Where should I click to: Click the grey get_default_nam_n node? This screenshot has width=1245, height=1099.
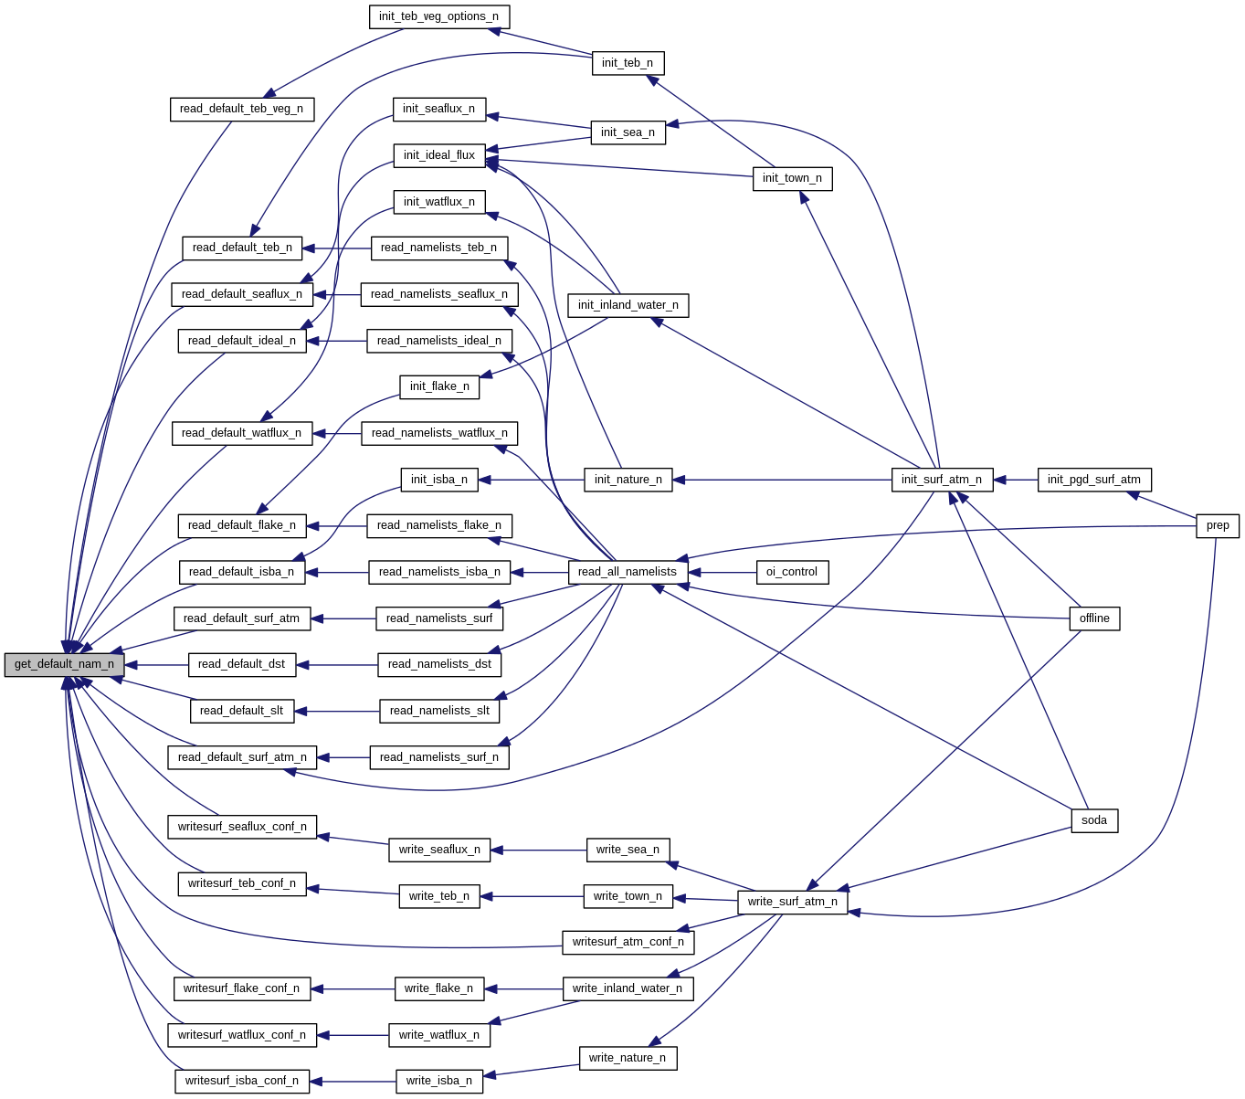tap(64, 665)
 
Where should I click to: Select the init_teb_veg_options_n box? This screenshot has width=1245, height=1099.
tap(438, 16)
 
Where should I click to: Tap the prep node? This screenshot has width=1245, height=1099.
tap(1218, 525)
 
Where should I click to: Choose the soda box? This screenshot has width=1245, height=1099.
tap(1094, 820)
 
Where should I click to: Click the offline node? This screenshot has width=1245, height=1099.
tap(1094, 618)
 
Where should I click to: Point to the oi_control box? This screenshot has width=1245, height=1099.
tap(792, 572)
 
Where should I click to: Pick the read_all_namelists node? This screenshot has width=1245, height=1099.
tap(628, 572)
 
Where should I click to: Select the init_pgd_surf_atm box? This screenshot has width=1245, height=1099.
tap(1094, 480)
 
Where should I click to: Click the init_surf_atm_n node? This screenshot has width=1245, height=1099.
tap(942, 480)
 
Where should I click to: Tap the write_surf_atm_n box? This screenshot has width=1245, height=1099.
tap(792, 902)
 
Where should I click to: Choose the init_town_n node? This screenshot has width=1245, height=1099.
tap(792, 178)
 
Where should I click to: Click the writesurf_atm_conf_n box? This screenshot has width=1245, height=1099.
tap(628, 942)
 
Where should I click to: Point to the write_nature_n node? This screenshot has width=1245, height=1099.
tap(628, 1058)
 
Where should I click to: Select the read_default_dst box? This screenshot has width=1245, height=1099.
tap(242, 665)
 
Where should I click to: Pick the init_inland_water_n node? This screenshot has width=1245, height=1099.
tap(628, 305)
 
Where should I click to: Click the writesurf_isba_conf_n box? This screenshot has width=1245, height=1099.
tap(242, 1081)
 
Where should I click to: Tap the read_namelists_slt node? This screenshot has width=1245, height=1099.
tap(439, 711)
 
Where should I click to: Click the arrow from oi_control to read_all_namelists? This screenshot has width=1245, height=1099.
tap(722, 572)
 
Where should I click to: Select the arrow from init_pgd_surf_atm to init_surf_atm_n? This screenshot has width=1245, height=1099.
tap(1015, 480)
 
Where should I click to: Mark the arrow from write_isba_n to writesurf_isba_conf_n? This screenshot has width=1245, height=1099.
tap(353, 1081)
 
